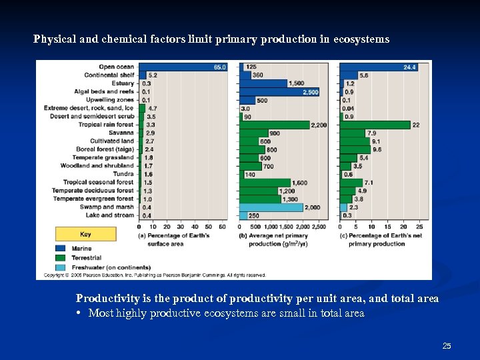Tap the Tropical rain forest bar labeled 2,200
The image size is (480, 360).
pyautogui.click(x=274, y=125)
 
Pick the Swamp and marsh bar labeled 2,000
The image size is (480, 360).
pyautogui.click(x=271, y=207)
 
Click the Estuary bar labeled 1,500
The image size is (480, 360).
pyautogui.click(x=263, y=83)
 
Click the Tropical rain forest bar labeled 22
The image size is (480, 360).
pyautogui.click(x=375, y=125)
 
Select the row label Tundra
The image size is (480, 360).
pyautogui.click(x=123, y=174)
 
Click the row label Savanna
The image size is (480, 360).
pyautogui.click(x=121, y=133)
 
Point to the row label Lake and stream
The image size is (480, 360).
pyautogui.click(x=110, y=215)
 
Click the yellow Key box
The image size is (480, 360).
pyautogui.click(x=85, y=234)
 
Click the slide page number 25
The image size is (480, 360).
pyautogui.click(x=447, y=345)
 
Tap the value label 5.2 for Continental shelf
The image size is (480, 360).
pyautogui.click(x=153, y=75)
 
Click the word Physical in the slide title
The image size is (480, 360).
pyautogui.click(x=51, y=39)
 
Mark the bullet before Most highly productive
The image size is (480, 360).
pyautogui.click(x=79, y=313)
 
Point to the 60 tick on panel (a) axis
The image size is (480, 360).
pyautogui.click(x=223, y=227)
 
